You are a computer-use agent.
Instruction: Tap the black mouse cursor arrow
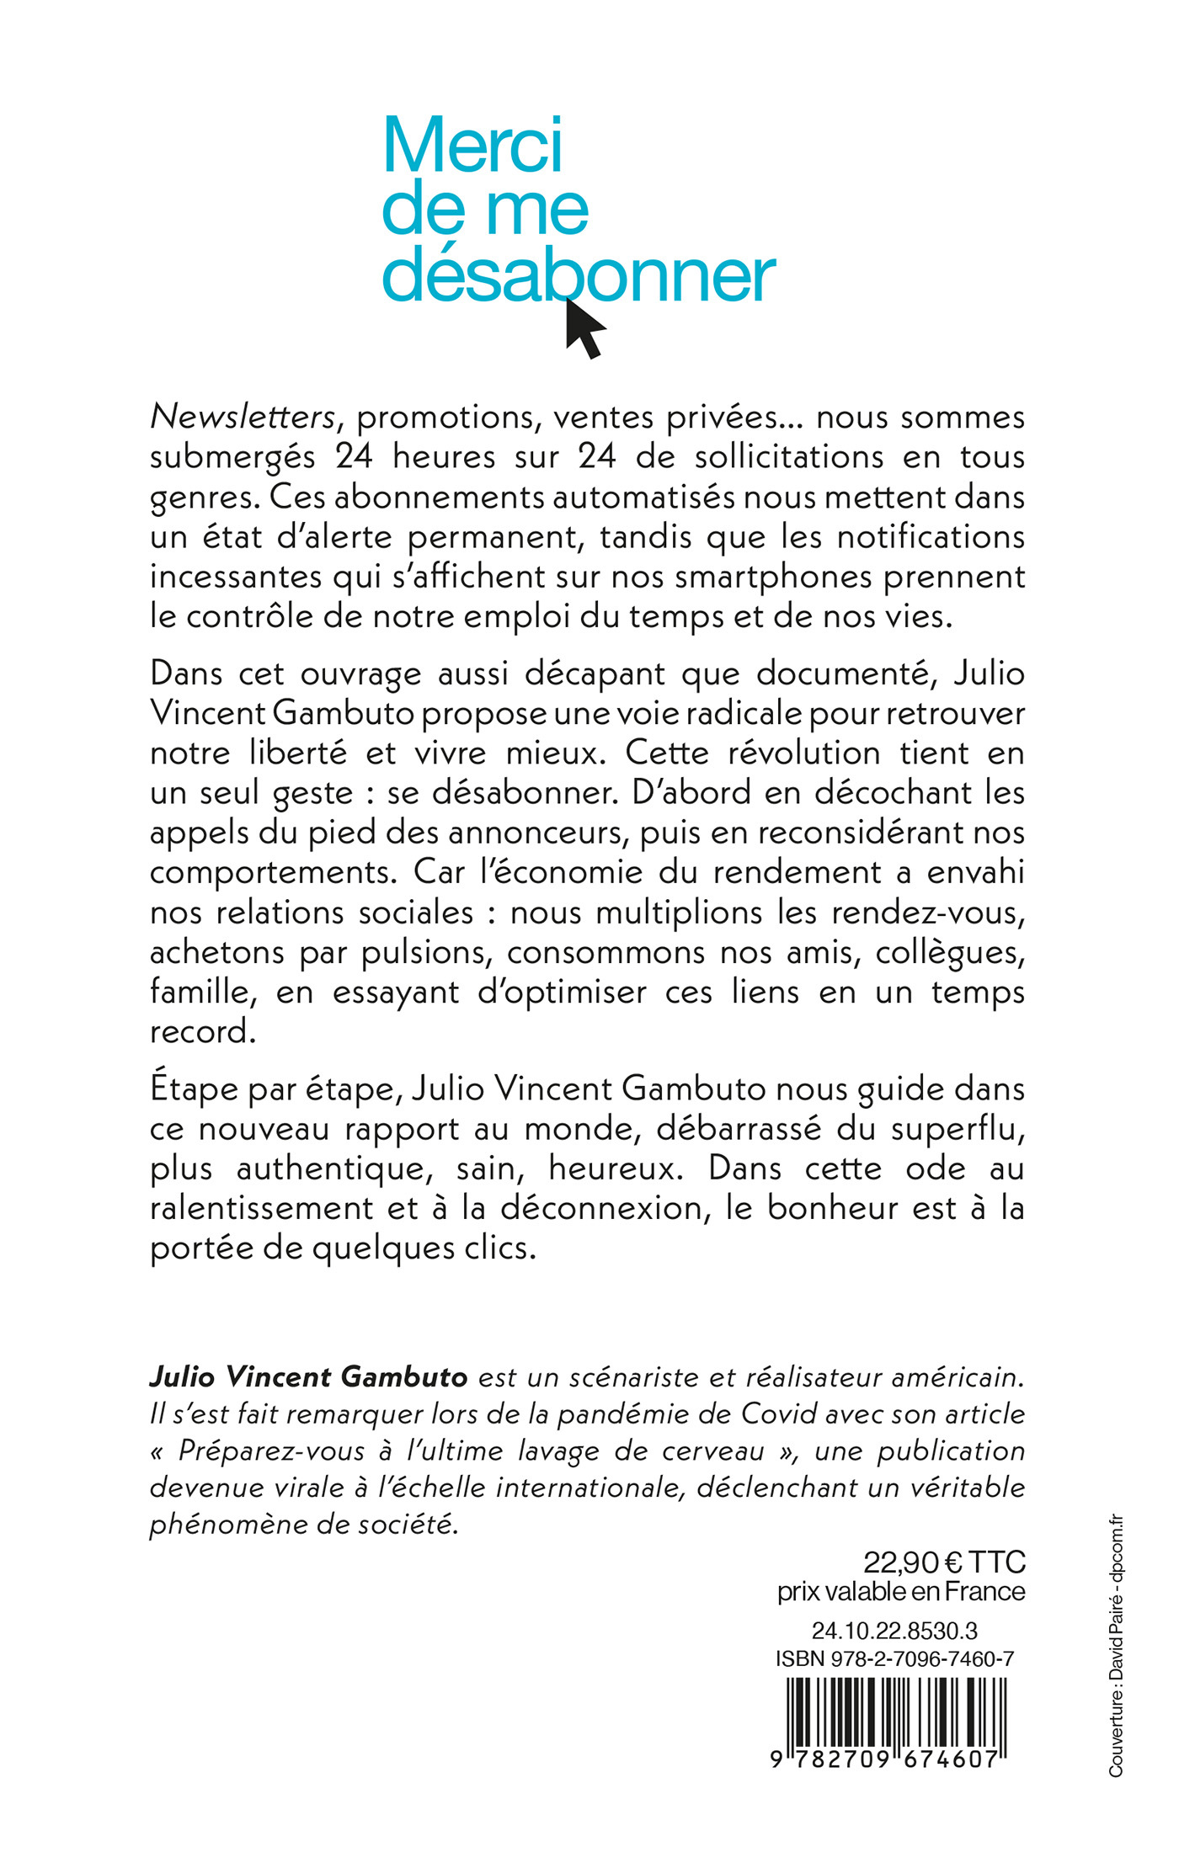(584, 327)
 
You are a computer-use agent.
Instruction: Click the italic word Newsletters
(243, 417)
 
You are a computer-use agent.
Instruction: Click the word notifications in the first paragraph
(928, 536)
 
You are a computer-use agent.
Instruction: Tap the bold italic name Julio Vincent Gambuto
(308, 1376)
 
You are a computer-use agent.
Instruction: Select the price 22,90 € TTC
(944, 1562)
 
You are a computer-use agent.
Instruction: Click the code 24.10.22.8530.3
(894, 1631)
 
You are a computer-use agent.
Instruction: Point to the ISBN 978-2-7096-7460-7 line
(894, 1659)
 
